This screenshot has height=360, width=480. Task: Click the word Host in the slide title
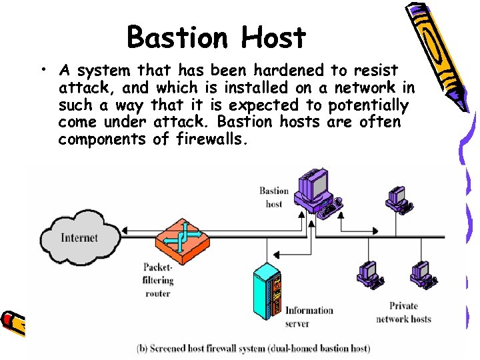[273, 37]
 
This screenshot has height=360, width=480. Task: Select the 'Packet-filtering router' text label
[158, 280]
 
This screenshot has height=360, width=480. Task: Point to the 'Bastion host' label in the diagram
[274, 197]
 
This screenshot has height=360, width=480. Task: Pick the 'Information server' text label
[309, 317]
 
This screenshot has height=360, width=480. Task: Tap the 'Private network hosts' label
[403, 313]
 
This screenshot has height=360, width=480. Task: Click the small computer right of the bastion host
[399, 197]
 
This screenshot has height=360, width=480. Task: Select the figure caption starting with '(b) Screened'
[254, 348]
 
